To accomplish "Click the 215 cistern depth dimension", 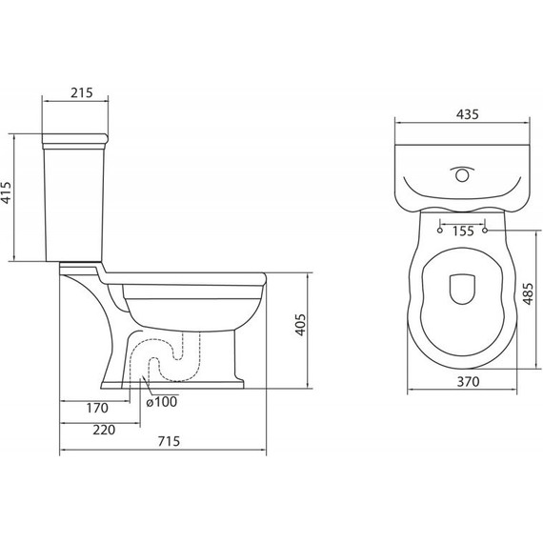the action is [x=82, y=92].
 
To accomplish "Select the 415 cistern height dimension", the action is [x=7, y=192].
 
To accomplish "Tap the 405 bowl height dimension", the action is [x=300, y=325].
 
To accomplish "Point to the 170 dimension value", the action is [x=97, y=408].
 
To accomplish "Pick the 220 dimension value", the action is [x=104, y=430].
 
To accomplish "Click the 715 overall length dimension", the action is [x=169, y=441].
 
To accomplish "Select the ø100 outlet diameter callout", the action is [x=162, y=402].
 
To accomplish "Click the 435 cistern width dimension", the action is [x=468, y=114].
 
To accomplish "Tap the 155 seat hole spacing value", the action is [x=463, y=231].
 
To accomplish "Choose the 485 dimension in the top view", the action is [x=528, y=294].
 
